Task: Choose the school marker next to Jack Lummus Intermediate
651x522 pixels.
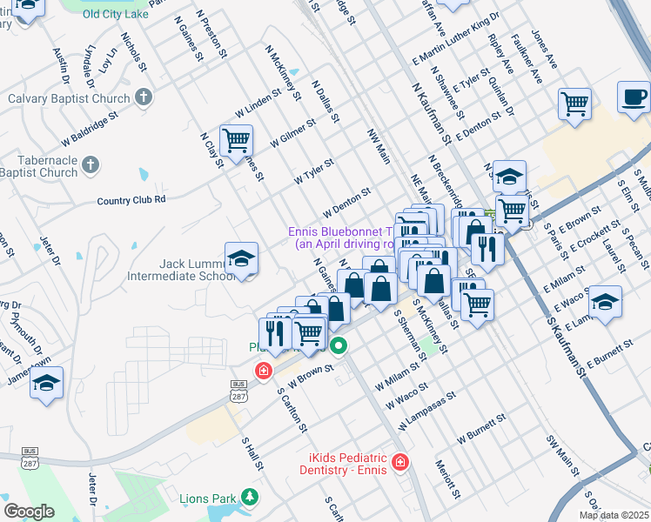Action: pyautogui.click(x=242, y=258)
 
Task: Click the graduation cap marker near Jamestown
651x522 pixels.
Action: pyautogui.click(x=47, y=382)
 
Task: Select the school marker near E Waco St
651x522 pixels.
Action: pyautogui.click(x=605, y=302)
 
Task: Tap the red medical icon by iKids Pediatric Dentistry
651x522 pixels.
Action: pyautogui.click(x=399, y=462)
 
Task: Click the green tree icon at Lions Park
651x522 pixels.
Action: pyautogui.click(x=250, y=497)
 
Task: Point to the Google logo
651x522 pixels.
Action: pyautogui.click(x=29, y=512)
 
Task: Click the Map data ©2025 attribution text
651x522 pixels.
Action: pyautogui.click(x=614, y=515)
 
